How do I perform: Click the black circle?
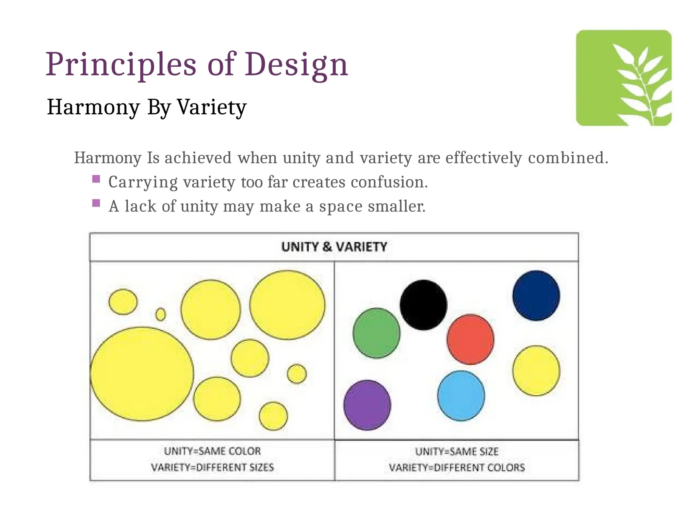point(423,305)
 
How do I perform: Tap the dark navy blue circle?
point(536,296)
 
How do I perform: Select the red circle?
point(470,339)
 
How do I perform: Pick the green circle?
point(376,333)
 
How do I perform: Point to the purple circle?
point(367,405)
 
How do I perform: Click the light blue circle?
point(461,396)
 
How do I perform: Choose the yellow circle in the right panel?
point(536,371)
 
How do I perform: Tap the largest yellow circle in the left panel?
point(142,374)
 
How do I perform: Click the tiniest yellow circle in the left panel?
point(161,314)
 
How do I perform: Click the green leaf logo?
point(623,78)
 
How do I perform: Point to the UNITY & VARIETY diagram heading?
point(334,247)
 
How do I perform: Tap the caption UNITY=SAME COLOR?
point(212,451)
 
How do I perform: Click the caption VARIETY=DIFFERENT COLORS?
point(457,467)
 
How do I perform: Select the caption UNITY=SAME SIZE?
point(457,452)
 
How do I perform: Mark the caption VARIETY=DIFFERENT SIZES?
point(212,467)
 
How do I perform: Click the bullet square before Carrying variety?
point(96,179)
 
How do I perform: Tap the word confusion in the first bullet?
point(389,182)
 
